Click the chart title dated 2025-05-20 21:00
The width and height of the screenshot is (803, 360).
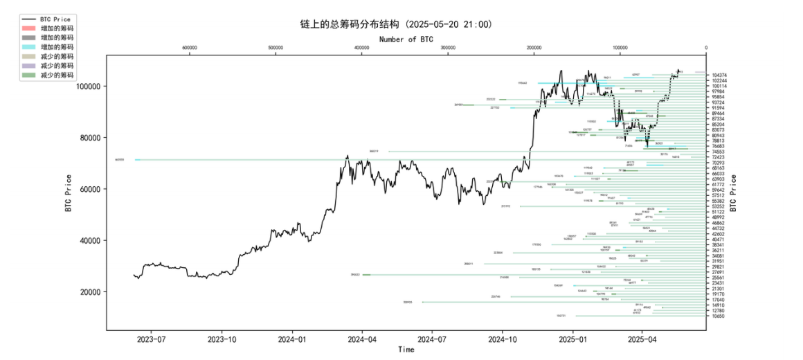click(x=392, y=24)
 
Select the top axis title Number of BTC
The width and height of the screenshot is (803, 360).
click(x=406, y=39)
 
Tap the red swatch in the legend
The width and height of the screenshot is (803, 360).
click(x=28, y=28)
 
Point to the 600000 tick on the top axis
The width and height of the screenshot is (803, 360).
click(x=189, y=48)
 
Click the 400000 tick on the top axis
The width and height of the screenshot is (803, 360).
click(x=361, y=48)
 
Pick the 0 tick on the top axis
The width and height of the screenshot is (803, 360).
click(x=706, y=48)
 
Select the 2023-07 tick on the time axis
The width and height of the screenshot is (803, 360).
click(x=152, y=340)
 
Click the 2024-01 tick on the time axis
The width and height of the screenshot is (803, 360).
click(x=292, y=340)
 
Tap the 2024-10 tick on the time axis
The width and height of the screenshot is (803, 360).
click(x=502, y=340)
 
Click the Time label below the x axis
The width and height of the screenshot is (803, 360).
click(x=406, y=350)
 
